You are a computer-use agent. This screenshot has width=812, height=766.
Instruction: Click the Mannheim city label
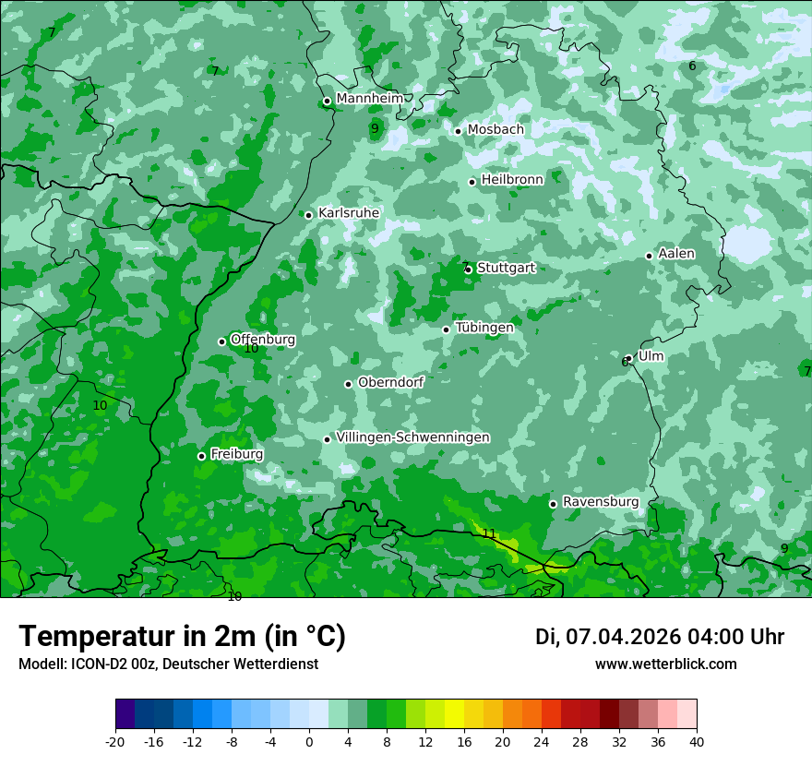[369, 99]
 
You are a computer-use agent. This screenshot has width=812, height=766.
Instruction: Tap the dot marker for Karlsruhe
[309, 215]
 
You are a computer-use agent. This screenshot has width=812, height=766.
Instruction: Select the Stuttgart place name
[506, 268]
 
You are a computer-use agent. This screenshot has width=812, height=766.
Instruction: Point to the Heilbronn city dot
[472, 182]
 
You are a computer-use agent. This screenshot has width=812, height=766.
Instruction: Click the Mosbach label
[496, 130]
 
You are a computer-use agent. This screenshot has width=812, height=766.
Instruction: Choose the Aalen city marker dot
[650, 256]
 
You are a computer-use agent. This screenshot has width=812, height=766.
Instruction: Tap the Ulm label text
[651, 356]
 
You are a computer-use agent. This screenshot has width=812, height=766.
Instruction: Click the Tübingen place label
[484, 328]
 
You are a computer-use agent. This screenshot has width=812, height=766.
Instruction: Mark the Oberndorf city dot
[349, 384]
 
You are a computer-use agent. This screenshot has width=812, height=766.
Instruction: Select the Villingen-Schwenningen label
[412, 437]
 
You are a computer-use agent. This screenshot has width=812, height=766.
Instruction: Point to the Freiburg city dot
[201, 456]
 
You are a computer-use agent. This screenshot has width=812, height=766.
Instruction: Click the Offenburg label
[263, 340]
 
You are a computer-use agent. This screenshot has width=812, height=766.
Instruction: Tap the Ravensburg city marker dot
[554, 504]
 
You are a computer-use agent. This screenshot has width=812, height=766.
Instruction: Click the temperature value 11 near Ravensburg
[489, 533]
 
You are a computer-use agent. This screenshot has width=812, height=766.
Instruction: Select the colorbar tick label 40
[696, 741]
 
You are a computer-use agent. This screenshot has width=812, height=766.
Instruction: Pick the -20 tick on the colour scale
[115, 741]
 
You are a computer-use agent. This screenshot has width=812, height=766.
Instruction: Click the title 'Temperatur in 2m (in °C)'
[182, 637]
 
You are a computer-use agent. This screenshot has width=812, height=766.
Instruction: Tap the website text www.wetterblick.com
[666, 664]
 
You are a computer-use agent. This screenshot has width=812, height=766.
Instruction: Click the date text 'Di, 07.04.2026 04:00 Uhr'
[660, 637]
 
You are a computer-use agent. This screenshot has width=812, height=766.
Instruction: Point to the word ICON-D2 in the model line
[96, 664]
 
